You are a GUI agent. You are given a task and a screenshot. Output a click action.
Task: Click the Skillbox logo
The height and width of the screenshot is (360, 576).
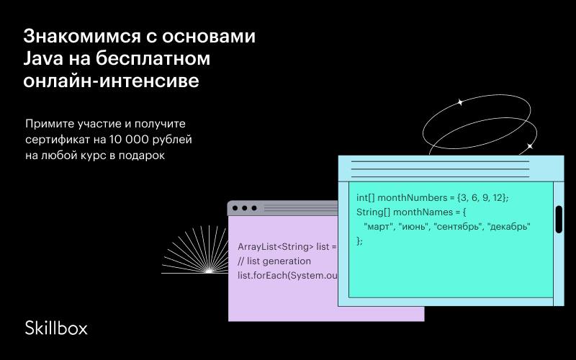(x=56, y=328)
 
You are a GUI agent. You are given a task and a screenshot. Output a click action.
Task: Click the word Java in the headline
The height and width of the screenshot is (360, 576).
(x=43, y=58)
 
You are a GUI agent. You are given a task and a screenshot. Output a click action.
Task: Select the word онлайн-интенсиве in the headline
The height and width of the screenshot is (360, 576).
(x=112, y=81)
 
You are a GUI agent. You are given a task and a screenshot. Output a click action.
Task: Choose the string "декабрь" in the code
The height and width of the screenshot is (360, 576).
(x=509, y=226)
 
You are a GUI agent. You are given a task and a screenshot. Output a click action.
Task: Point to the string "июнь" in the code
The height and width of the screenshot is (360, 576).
(x=413, y=226)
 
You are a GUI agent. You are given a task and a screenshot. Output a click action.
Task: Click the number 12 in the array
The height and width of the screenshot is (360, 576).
(x=498, y=197)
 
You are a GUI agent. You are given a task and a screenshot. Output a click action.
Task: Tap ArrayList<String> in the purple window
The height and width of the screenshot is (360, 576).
(x=276, y=247)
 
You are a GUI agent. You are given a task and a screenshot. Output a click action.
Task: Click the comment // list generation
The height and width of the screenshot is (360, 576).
(x=274, y=261)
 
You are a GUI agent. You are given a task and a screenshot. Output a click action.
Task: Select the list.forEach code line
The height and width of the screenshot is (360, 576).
(x=287, y=276)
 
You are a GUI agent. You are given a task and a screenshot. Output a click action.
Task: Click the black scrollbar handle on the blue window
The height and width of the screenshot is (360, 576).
(x=559, y=220)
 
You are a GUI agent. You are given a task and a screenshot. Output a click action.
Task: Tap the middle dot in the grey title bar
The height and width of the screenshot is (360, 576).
(x=245, y=208)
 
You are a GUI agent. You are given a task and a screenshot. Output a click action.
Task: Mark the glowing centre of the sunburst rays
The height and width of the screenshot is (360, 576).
(x=209, y=271)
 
